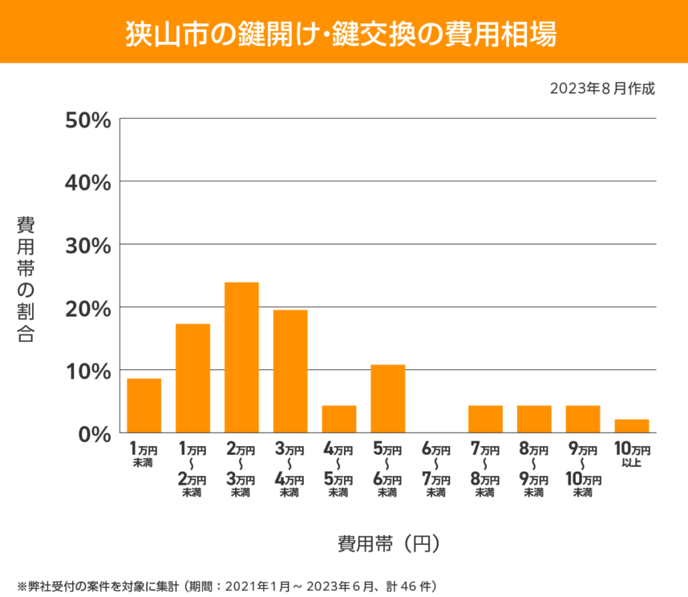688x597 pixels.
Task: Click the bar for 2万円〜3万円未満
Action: (241, 358)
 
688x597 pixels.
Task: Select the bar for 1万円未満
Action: (144, 406)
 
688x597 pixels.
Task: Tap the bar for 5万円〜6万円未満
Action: (387, 399)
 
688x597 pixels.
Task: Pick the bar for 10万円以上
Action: (632, 426)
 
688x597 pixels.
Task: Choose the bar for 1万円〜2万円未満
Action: (192, 379)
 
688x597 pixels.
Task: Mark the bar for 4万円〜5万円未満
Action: (339, 419)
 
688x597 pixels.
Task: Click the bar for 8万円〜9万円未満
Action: (534, 419)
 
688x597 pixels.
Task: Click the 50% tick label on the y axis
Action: (88, 120)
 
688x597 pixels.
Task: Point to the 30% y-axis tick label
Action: (88, 245)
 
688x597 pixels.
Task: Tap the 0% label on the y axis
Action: (95, 433)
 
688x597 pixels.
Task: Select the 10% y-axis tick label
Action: (88, 371)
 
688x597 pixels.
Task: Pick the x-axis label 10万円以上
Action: (632, 456)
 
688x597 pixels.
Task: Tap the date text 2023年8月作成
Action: (602, 88)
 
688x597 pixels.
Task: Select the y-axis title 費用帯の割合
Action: (26, 279)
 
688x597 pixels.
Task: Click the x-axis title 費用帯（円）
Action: (387, 543)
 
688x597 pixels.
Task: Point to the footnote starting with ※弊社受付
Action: (225, 585)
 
